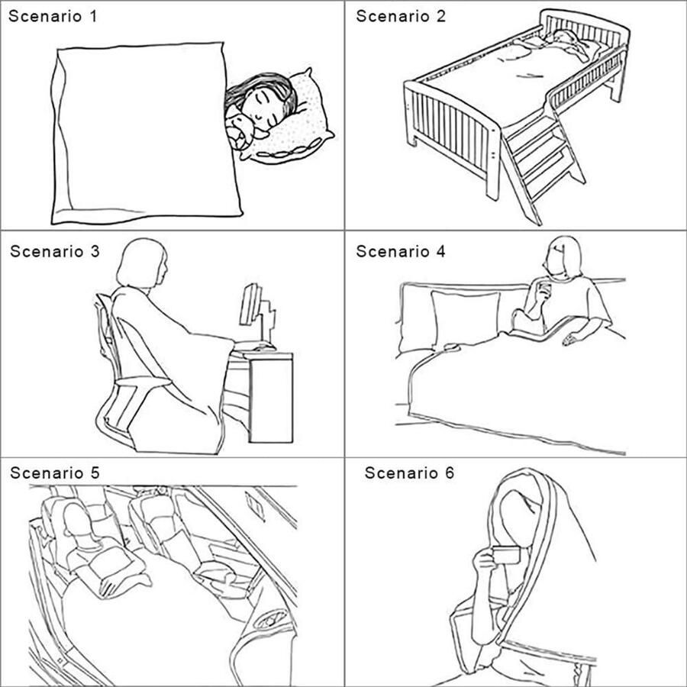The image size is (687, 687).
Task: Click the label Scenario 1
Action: tap(53, 16)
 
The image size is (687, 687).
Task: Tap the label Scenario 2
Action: tap(401, 16)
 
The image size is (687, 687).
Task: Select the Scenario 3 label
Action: tap(55, 251)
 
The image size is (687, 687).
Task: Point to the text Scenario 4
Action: tap(401, 251)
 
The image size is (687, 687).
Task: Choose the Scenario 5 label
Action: tap(55, 473)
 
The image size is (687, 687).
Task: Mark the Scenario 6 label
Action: tap(409, 473)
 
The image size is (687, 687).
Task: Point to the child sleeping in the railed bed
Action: tap(569, 44)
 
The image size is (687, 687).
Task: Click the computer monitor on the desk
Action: tap(252, 305)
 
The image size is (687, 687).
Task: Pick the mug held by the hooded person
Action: tap(505, 555)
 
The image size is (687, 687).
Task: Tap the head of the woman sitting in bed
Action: tap(563, 259)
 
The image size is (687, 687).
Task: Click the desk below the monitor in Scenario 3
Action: tap(263, 396)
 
